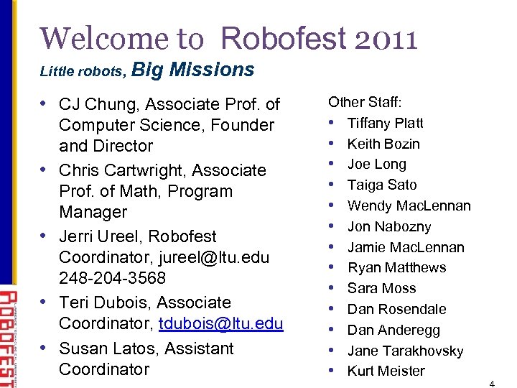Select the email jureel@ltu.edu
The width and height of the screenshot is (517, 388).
(x=225, y=257)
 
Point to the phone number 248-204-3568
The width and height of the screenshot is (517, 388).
(x=112, y=278)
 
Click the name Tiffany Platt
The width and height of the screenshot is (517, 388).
(x=386, y=123)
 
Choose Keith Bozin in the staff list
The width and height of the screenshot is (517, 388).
(x=383, y=144)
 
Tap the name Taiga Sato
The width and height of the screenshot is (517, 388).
(x=382, y=185)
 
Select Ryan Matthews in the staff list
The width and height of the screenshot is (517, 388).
(x=396, y=267)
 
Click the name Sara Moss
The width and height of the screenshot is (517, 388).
(x=381, y=288)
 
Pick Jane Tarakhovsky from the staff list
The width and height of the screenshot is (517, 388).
(x=405, y=351)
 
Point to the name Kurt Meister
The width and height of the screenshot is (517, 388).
(x=386, y=371)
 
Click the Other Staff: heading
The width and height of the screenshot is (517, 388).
(x=364, y=102)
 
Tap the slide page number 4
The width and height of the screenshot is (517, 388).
(x=491, y=383)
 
